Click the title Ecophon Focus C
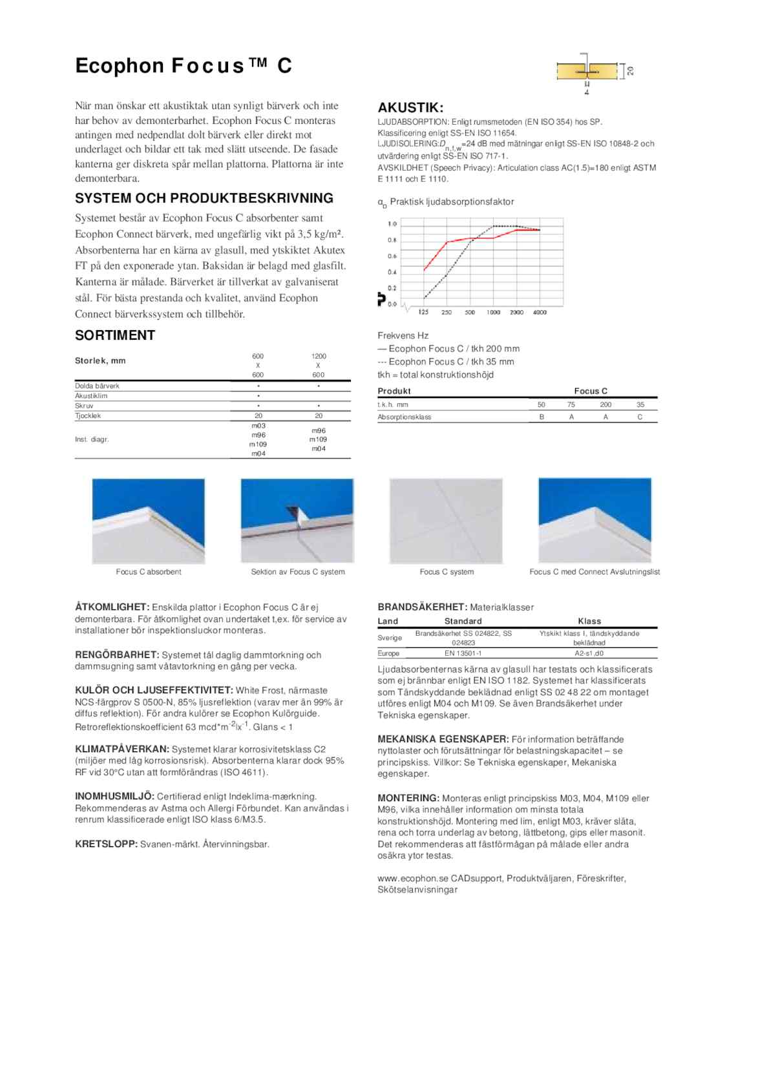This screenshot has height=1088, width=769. (184, 66)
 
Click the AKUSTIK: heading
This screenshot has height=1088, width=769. (410, 108)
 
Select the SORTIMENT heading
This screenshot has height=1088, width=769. (115, 335)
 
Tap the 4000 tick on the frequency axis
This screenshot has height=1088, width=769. (540, 313)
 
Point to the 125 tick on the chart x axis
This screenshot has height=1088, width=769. (423, 313)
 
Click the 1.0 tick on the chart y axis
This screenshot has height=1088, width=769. (392, 224)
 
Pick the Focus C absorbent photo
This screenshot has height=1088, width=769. (149, 521)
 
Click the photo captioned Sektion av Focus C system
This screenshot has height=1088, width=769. (297, 521)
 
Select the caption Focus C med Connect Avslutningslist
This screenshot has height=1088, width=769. (595, 572)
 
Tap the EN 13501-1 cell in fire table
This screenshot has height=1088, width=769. (463, 653)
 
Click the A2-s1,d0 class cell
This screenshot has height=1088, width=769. (589, 653)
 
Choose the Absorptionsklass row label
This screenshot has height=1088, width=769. (405, 417)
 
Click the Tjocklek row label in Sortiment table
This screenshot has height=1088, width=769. (88, 416)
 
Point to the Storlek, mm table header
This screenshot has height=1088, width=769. (100, 361)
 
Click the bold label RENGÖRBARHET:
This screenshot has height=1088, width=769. (117, 655)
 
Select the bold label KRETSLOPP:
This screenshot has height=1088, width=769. (107, 844)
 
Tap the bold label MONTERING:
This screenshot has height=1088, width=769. (408, 799)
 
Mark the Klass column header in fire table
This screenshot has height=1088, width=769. (589, 622)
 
